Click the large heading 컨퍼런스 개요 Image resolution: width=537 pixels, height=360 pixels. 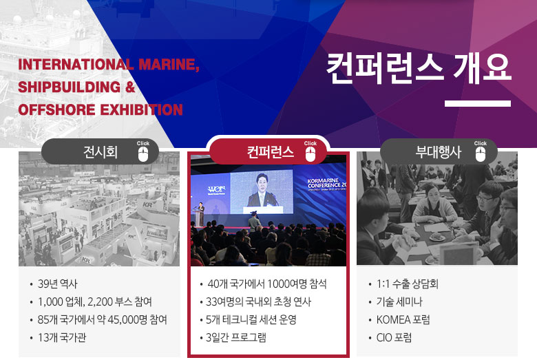tap(419, 69)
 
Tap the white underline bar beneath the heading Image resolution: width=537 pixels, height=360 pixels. tap(478, 103)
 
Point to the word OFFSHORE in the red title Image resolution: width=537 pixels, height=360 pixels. tap(56, 110)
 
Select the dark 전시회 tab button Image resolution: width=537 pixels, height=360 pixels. tap(100, 151)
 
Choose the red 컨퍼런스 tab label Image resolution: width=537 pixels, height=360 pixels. tap(270, 151)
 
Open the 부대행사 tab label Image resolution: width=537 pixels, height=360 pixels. tap(438, 151)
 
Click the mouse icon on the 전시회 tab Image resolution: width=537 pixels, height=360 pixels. tap(143, 154)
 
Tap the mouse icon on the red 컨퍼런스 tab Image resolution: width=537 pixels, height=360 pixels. tap(310, 154)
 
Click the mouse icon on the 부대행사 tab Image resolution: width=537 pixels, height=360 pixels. tap(481, 154)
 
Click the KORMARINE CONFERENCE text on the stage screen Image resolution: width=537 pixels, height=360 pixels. tap(327, 183)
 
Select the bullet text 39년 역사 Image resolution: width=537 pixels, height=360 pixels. tap(58, 284)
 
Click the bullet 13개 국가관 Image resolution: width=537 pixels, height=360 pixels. tap(62, 337)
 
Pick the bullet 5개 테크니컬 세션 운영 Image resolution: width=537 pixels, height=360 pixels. tap(251, 319)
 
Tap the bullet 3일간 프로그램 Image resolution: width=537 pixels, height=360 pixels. tap(235, 337)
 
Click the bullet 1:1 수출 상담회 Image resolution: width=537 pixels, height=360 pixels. tap(407, 284)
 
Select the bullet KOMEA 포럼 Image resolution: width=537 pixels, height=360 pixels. tap(403, 319)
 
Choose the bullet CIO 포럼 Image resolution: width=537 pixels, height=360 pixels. tap(394, 337)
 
